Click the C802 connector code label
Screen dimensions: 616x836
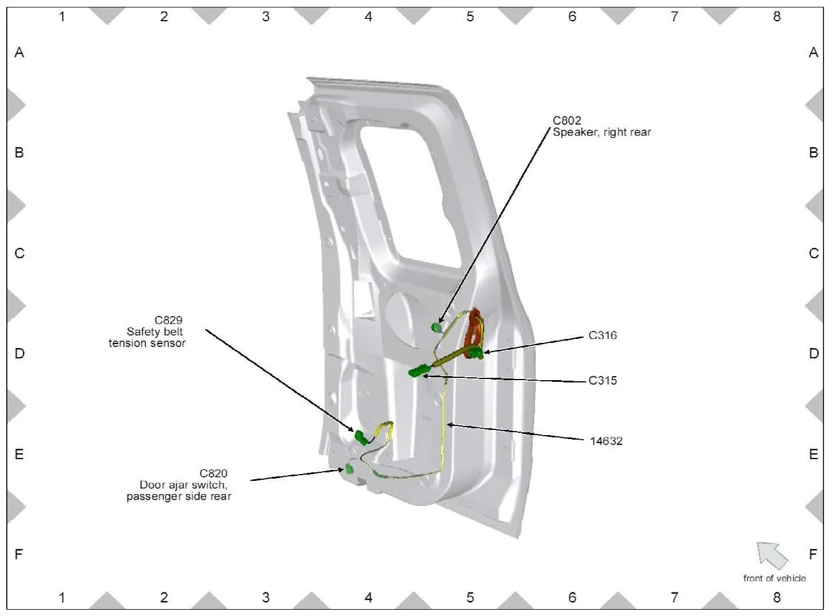point(566,120)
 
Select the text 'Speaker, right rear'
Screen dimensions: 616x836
point(601,132)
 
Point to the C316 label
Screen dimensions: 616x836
point(603,335)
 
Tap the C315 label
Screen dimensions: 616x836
point(603,381)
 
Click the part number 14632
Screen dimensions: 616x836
point(606,441)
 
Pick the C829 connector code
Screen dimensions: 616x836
point(168,320)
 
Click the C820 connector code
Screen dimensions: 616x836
point(213,473)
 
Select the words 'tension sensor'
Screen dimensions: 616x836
point(147,343)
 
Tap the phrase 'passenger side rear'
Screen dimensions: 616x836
point(179,496)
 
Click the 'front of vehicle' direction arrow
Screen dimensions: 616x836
point(772,555)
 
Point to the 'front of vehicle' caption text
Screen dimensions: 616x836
point(774,578)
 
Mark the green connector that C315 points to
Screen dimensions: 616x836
point(418,371)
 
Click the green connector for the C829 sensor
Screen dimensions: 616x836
point(361,438)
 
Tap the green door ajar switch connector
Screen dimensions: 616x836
point(348,470)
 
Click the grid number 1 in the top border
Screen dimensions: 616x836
point(62,17)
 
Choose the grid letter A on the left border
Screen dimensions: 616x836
point(19,53)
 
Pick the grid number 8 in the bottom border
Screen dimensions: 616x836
point(776,598)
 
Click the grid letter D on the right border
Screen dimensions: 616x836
point(813,354)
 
